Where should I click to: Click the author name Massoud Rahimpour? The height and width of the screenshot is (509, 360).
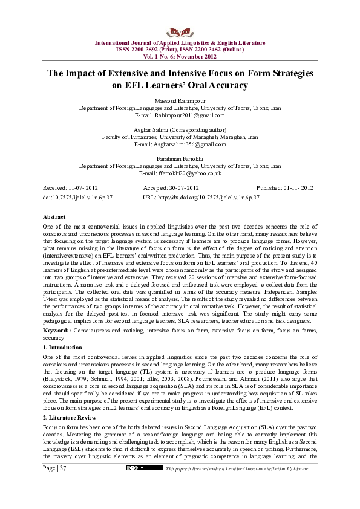180,100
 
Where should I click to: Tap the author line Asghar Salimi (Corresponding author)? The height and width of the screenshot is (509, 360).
180,129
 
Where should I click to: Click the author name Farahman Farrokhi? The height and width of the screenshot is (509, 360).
180,158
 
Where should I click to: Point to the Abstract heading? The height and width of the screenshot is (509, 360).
54,216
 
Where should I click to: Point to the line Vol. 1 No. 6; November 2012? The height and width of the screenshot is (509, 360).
180,56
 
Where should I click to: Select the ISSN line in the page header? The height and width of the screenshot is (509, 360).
180,49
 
